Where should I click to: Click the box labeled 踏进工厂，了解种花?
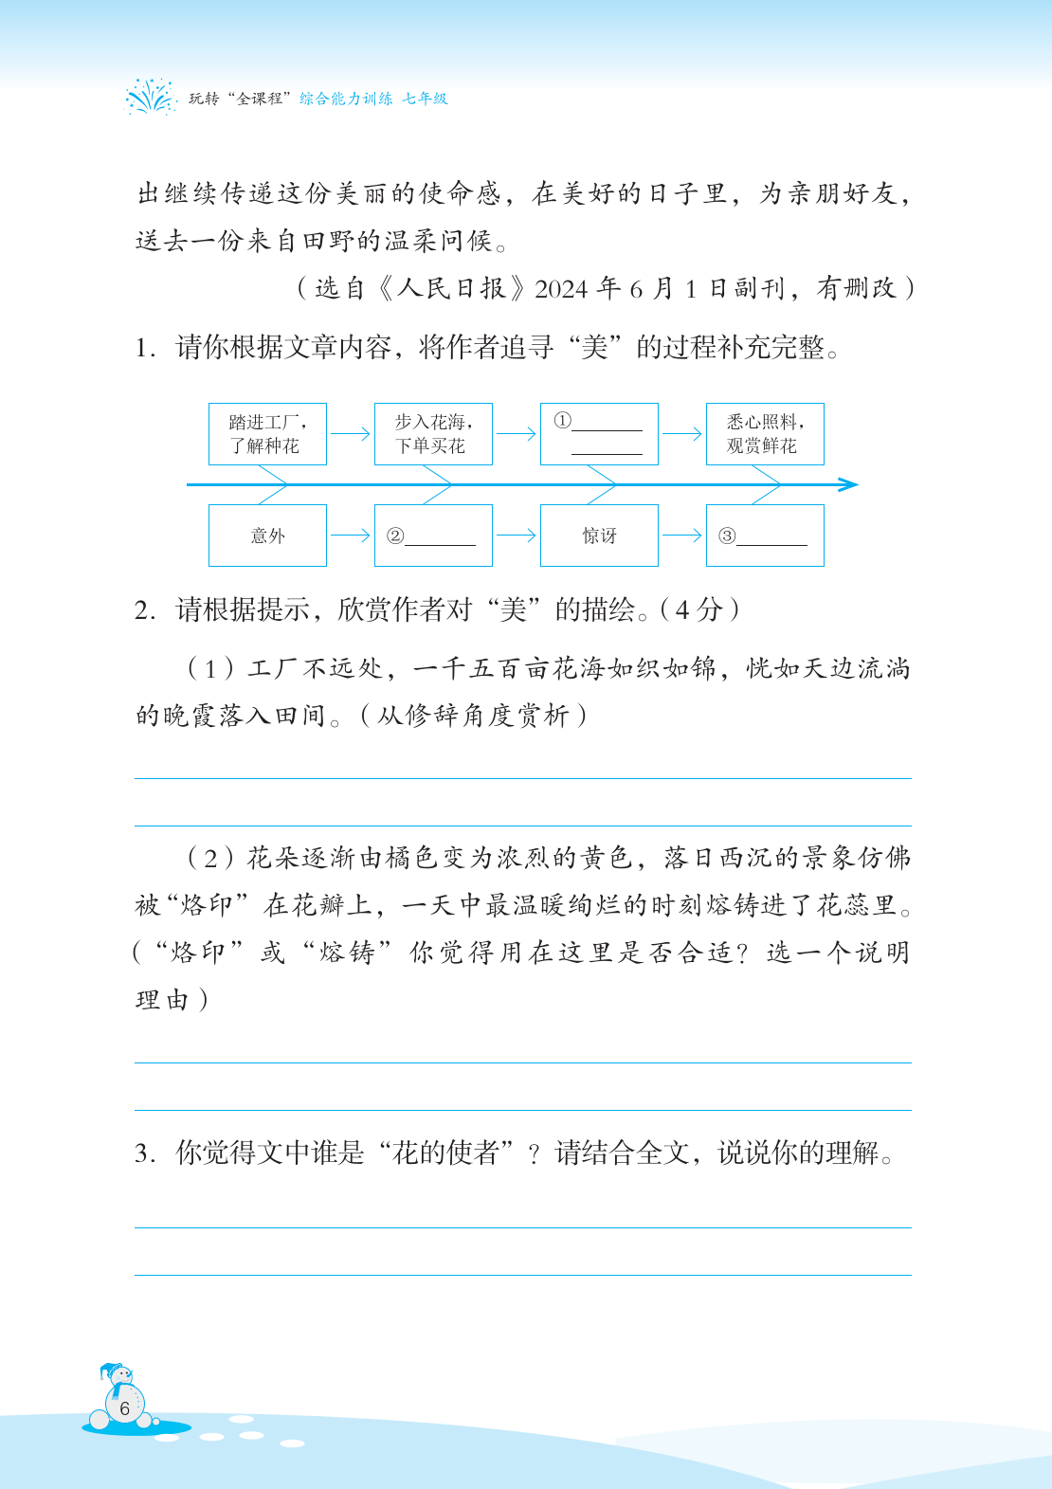coord(267,434)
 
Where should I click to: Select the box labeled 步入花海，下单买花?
coord(433,434)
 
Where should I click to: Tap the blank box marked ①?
coord(599,434)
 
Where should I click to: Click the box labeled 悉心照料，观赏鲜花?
coord(765,434)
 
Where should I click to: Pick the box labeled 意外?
coord(267,536)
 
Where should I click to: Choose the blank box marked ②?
coord(433,536)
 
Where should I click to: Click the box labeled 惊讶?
coord(599,536)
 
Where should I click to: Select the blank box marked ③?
coord(765,536)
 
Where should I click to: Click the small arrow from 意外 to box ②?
coord(351,536)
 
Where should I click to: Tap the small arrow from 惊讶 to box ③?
coord(682,536)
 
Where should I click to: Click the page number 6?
coord(124,1408)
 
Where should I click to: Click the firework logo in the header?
coord(151,97)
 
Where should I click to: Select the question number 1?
coord(144,349)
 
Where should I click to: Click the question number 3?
coord(144,1154)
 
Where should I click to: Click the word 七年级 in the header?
coord(425,99)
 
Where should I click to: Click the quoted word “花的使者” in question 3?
coord(445,1153)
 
